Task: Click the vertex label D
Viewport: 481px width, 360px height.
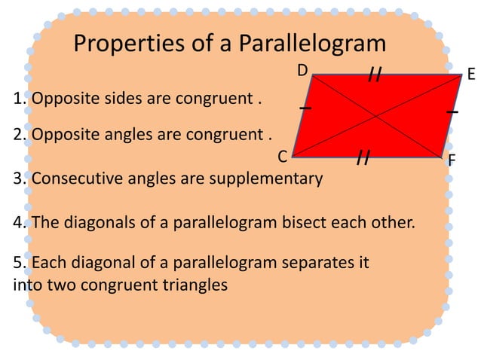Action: coord(302,71)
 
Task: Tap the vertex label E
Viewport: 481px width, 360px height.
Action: coord(471,74)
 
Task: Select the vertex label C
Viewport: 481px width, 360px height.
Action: coord(282,157)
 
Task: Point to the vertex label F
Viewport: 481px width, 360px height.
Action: coord(452,160)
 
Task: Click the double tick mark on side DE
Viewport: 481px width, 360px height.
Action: coord(375,74)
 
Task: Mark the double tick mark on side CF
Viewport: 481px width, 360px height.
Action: coord(363,157)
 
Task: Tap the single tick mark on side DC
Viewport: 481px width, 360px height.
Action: coord(305,109)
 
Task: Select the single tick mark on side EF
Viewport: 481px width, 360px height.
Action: coord(452,111)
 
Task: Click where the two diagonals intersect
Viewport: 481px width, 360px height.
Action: coord(376,116)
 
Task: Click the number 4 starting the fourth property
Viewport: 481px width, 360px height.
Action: coord(18,223)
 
